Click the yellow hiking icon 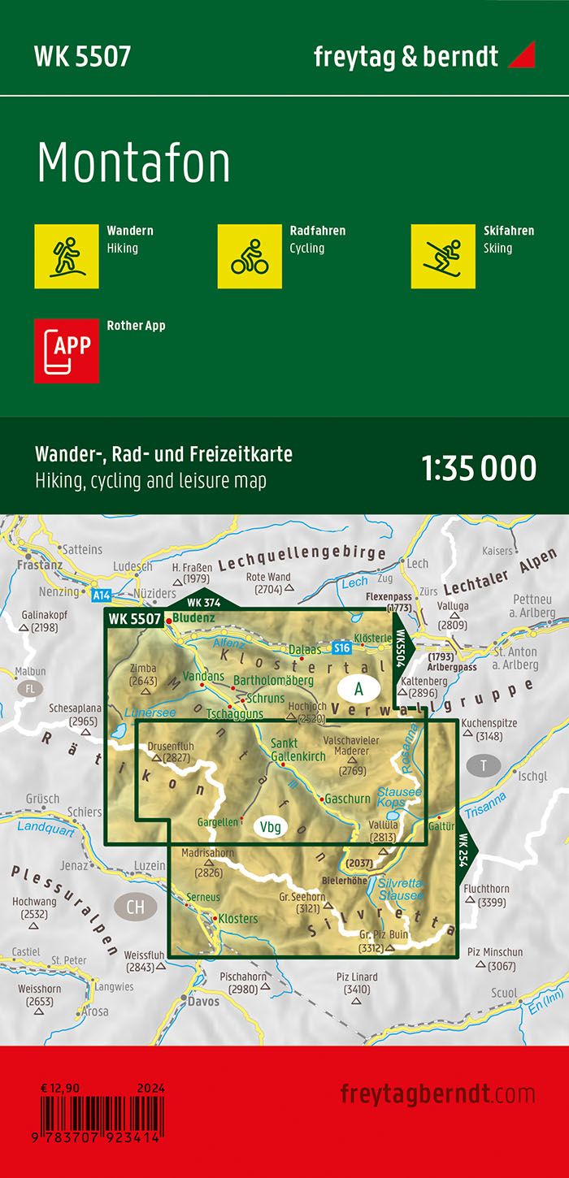pyautogui.click(x=67, y=256)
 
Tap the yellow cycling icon pyautogui.click(x=250, y=256)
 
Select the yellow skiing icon pyautogui.click(x=443, y=256)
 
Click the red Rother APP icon pyautogui.click(x=67, y=350)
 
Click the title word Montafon pyautogui.click(x=134, y=164)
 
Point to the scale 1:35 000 pyautogui.click(x=480, y=469)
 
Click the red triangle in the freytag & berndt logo pyautogui.click(x=521, y=56)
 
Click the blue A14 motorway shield pyautogui.click(x=101, y=595)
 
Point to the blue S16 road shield pyautogui.click(x=341, y=648)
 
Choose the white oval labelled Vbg pyautogui.click(x=271, y=828)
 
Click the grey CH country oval pyautogui.click(x=136, y=884)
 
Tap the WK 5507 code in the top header pyautogui.click(x=82, y=56)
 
